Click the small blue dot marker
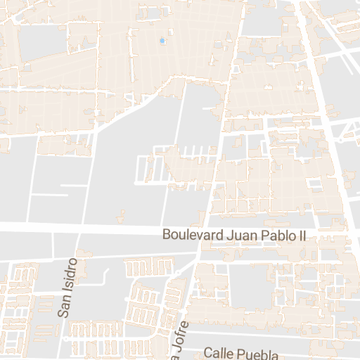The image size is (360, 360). (x=162, y=41)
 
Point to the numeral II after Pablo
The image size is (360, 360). (x=302, y=235)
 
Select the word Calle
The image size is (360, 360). (x=217, y=353)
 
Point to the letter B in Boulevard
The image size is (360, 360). (x=167, y=235)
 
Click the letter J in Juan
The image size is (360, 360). (x=228, y=235)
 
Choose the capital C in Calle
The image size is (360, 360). (x=207, y=353)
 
